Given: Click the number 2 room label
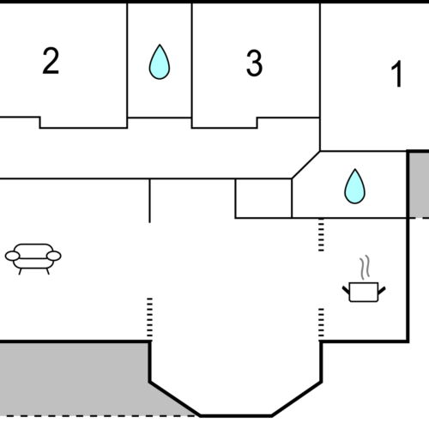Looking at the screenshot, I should click(51, 62).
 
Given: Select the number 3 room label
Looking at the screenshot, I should click(254, 63).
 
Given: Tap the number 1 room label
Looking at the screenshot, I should click(396, 76).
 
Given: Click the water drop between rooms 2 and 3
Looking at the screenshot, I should click(159, 63).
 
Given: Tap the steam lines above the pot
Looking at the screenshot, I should click(366, 267).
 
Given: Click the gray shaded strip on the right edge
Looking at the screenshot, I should click(417, 184).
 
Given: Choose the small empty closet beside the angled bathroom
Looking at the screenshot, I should click(263, 198).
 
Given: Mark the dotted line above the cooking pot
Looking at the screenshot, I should click(321, 235).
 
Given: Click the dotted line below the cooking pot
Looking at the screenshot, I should click(321, 322).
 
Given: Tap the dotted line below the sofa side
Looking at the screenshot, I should click(149, 317).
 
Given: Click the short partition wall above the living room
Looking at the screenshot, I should click(150, 200).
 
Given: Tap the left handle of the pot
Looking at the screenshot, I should click(347, 288).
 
